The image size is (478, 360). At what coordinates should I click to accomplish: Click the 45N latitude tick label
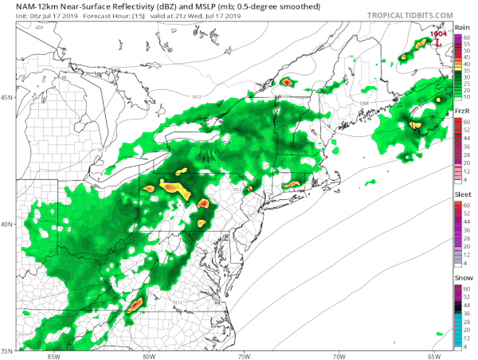click(7, 98)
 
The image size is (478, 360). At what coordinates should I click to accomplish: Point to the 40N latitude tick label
click(7, 225)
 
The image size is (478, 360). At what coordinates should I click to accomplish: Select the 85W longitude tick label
click(53, 356)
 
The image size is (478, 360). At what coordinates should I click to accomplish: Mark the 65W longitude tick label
click(434, 356)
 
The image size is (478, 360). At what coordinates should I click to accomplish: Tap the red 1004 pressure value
click(438, 34)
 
